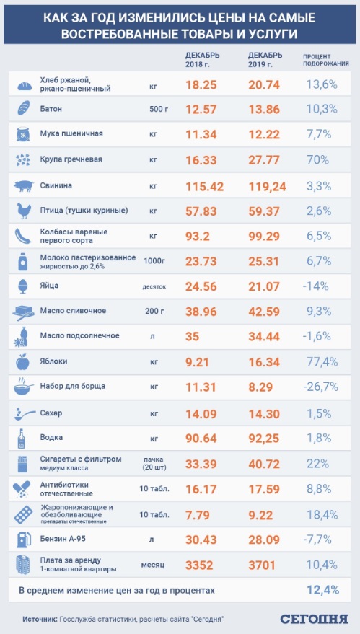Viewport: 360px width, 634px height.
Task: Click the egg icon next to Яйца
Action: tap(24, 286)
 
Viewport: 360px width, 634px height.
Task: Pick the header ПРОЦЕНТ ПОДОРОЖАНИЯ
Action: tap(325, 59)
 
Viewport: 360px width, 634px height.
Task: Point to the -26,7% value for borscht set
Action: tap(320, 387)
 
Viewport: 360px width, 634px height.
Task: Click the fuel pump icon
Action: tap(24, 538)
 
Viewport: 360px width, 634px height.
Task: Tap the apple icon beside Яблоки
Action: tap(24, 361)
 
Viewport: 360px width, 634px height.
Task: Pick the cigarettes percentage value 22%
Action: tap(317, 462)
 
